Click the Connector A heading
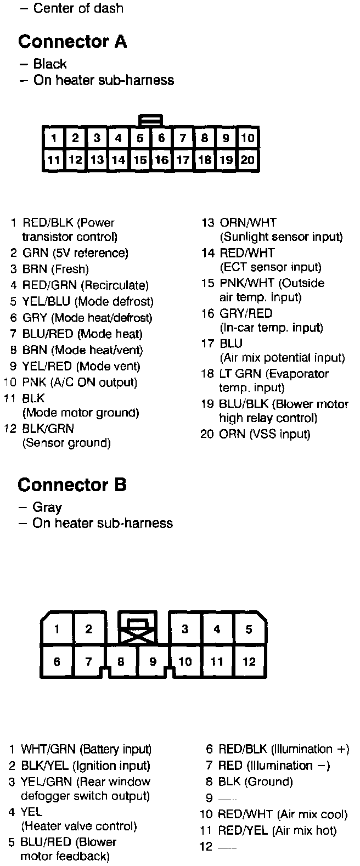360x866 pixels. [72, 42]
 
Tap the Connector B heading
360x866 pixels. [72, 485]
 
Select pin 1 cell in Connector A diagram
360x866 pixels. [54, 138]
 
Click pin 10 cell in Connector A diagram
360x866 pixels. [248, 138]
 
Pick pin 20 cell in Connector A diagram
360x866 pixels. [248, 160]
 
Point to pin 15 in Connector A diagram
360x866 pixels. [140, 160]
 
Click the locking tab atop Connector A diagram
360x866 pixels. [150, 119]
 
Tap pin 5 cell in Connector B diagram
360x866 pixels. [249, 629]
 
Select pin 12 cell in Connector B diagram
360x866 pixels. [249, 661]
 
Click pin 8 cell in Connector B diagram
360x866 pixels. [121, 662]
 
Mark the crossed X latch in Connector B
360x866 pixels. [137, 634]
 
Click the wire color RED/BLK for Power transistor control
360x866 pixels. [44, 223]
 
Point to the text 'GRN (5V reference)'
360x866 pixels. [75, 253]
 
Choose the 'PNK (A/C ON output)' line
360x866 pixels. [80, 382]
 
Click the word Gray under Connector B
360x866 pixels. [47, 507]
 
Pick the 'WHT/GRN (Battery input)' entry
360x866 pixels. [86, 749]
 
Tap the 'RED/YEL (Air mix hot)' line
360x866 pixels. [277, 831]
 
